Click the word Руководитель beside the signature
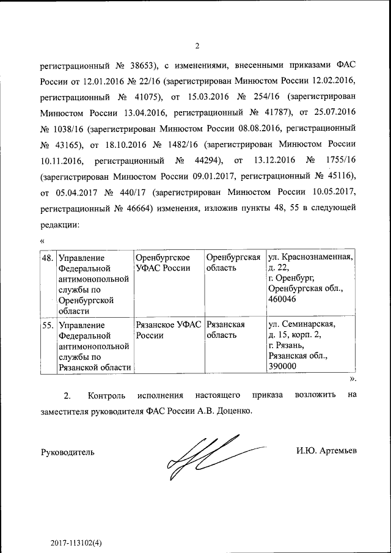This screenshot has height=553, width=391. [67, 452]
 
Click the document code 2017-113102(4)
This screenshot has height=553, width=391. [76, 525]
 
